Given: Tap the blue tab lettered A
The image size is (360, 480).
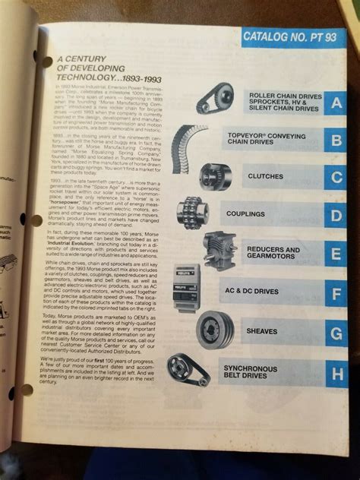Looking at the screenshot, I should pyautogui.click(x=336, y=102).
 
